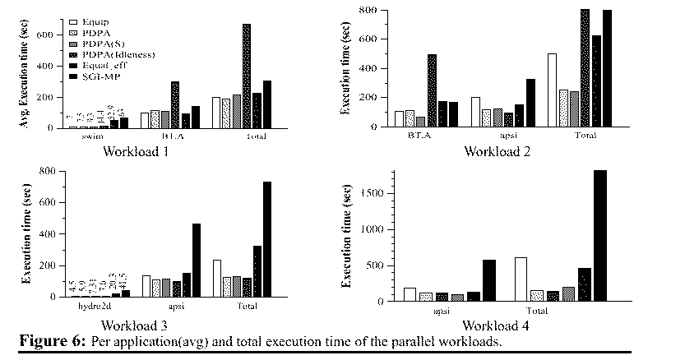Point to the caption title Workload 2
tap(498, 151)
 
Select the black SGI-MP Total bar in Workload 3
tap(266, 239)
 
